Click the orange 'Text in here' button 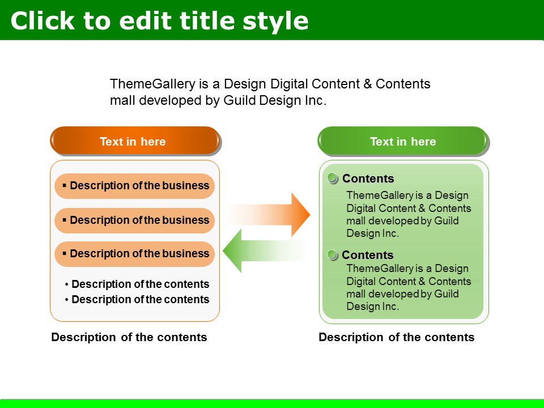pyautogui.click(x=135, y=141)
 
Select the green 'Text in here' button pyautogui.click(x=403, y=141)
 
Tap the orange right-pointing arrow pyautogui.click(x=268, y=214)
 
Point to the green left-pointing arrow pyautogui.click(x=265, y=251)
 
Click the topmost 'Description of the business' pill pyautogui.click(x=135, y=186)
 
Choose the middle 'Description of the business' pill pyautogui.click(x=135, y=220)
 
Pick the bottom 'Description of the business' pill pyautogui.click(x=135, y=254)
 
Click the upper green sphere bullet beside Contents pyautogui.click(x=333, y=178)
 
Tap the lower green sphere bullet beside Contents pyautogui.click(x=333, y=254)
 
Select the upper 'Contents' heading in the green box pyautogui.click(x=368, y=178)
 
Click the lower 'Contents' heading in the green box pyautogui.click(x=368, y=255)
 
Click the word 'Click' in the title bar pyautogui.click(x=42, y=21)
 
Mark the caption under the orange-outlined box pyautogui.click(x=129, y=337)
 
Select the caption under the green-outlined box pyautogui.click(x=397, y=337)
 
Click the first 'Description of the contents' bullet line pyautogui.click(x=137, y=284)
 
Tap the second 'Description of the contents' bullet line pyautogui.click(x=137, y=299)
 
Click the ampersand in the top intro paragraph pyautogui.click(x=367, y=84)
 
